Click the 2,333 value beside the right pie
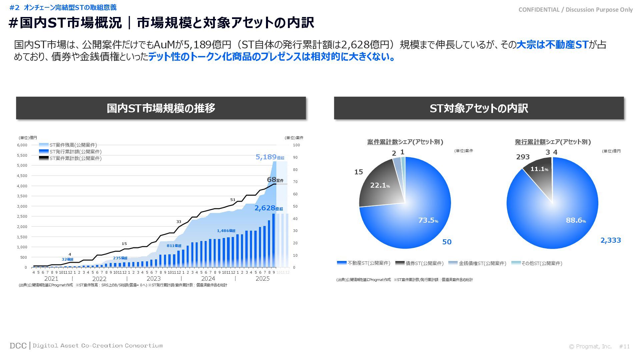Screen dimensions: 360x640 point(610,240)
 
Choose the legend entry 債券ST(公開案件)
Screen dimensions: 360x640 point(420,263)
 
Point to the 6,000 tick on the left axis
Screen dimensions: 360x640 point(22,145)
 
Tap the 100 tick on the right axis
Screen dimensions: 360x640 point(296,145)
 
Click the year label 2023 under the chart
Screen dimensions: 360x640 point(153,279)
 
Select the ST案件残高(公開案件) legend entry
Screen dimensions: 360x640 point(68,145)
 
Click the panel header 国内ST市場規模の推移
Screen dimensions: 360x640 point(161,108)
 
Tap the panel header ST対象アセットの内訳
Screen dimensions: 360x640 point(479,108)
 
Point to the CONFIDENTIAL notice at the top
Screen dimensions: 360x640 point(575,10)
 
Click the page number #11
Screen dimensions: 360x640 point(624,347)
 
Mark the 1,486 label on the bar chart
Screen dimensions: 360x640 point(226,231)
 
